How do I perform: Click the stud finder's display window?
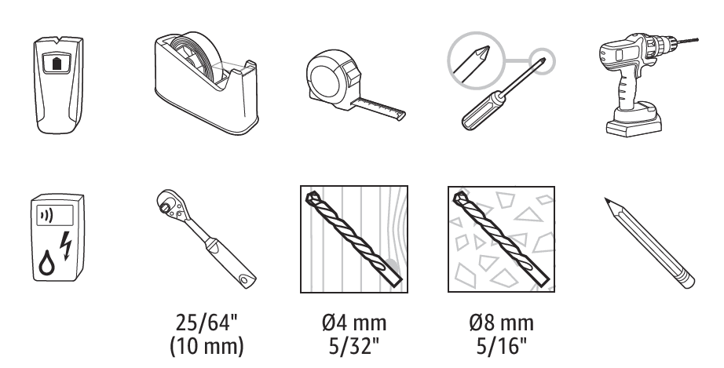(57, 63)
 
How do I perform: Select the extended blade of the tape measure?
(378, 109)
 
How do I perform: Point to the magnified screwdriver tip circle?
(476, 60)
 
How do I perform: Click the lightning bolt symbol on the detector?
(67, 246)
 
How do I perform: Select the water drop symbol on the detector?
(46, 264)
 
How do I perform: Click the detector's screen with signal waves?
(55, 215)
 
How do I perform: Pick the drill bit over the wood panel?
(353, 239)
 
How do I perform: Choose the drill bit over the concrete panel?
(501, 239)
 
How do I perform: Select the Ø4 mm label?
(354, 322)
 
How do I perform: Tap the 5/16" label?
(502, 346)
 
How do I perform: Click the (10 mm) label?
(207, 346)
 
